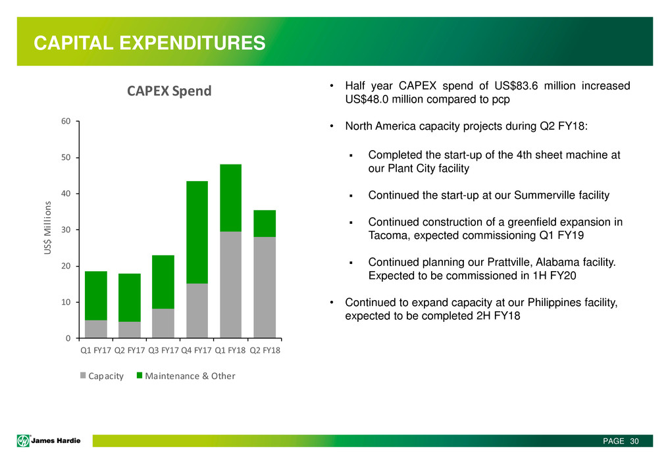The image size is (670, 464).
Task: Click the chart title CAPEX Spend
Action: pos(170,91)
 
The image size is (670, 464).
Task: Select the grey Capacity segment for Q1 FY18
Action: pos(231,284)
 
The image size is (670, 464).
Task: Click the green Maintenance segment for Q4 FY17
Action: pos(197,232)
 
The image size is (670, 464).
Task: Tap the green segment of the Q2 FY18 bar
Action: pos(265,223)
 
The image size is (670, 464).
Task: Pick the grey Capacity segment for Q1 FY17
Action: pos(96,329)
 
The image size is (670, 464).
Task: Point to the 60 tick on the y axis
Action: pos(67,122)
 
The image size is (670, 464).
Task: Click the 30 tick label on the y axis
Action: pos(67,230)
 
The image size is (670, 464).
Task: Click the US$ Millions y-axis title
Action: pos(47,230)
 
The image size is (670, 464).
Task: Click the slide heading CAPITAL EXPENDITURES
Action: pos(150,43)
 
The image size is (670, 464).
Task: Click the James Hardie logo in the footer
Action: pos(47,440)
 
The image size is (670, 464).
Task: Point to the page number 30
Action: pos(634,440)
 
